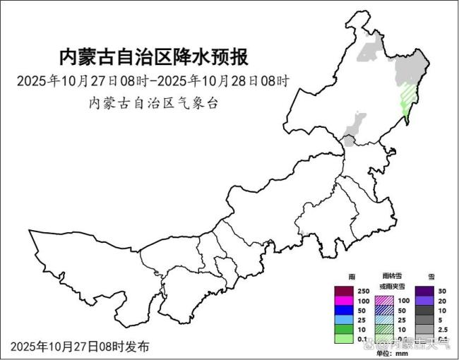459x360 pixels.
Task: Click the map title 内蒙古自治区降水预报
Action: tap(153, 56)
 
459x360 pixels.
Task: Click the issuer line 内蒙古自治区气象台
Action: tap(153, 102)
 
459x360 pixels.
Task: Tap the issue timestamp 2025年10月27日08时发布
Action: tap(80, 347)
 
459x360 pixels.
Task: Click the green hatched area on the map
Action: tap(409, 95)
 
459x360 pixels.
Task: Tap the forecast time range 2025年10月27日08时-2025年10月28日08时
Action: tap(153, 80)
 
